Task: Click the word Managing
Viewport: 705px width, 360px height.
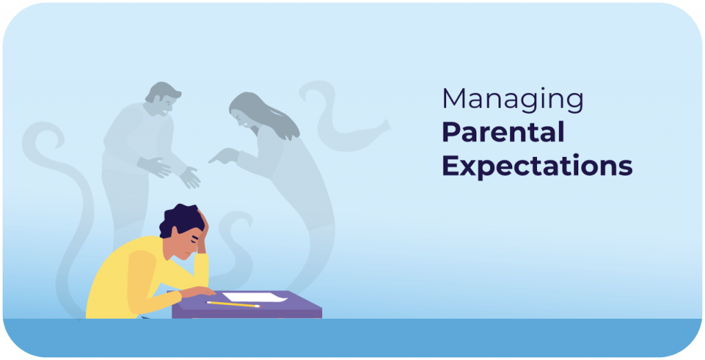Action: (x=512, y=100)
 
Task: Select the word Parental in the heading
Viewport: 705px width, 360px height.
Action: (x=503, y=132)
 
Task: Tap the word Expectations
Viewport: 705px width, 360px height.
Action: (x=537, y=166)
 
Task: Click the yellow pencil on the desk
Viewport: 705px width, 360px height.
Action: (x=233, y=304)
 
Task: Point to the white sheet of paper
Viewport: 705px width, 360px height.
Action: (x=254, y=297)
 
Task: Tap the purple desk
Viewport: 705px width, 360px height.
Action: (x=247, y=305)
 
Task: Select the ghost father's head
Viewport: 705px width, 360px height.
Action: (x=162, y=98)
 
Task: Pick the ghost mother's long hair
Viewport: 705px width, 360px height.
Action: (x=264, y=114)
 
